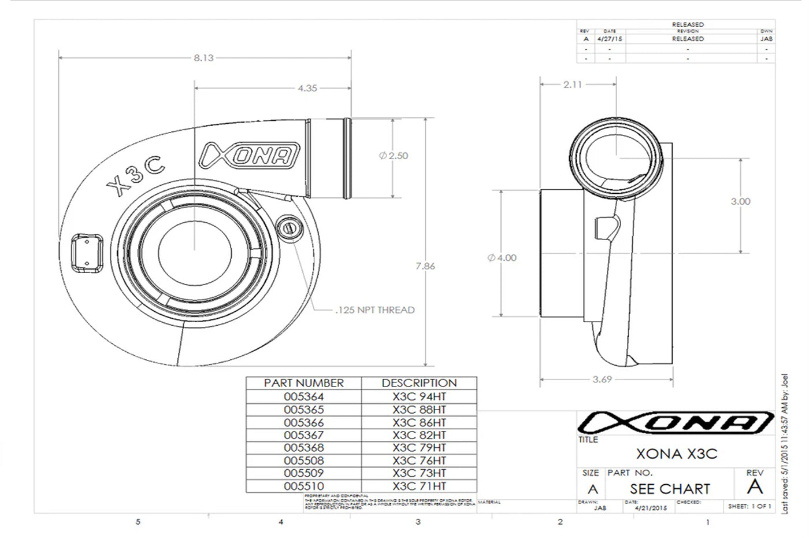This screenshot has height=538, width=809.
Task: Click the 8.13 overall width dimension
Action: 203,58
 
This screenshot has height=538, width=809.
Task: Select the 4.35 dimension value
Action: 307,89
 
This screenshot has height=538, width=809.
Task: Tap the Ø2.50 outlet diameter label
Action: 394,156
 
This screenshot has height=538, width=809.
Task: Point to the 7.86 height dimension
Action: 425,266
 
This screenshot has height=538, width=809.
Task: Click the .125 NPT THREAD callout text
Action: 375,310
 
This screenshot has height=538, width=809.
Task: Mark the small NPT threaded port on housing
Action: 288,227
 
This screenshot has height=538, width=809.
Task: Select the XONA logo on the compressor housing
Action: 249,156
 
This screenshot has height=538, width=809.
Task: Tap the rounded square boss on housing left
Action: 86,253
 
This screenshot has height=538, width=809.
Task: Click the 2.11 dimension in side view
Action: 573,84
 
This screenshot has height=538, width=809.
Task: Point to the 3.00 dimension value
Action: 740,201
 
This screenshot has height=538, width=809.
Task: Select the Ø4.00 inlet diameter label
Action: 502,258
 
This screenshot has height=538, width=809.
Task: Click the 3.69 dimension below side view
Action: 602,379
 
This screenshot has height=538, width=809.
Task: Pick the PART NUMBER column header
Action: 303,383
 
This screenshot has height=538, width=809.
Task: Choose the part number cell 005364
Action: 303,397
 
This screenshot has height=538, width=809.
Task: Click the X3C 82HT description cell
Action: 419,435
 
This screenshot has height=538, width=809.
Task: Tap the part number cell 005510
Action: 303,487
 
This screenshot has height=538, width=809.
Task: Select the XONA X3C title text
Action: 676,454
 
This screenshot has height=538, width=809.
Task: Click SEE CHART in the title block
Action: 670,489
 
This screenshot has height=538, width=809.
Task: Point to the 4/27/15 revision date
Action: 610,39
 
